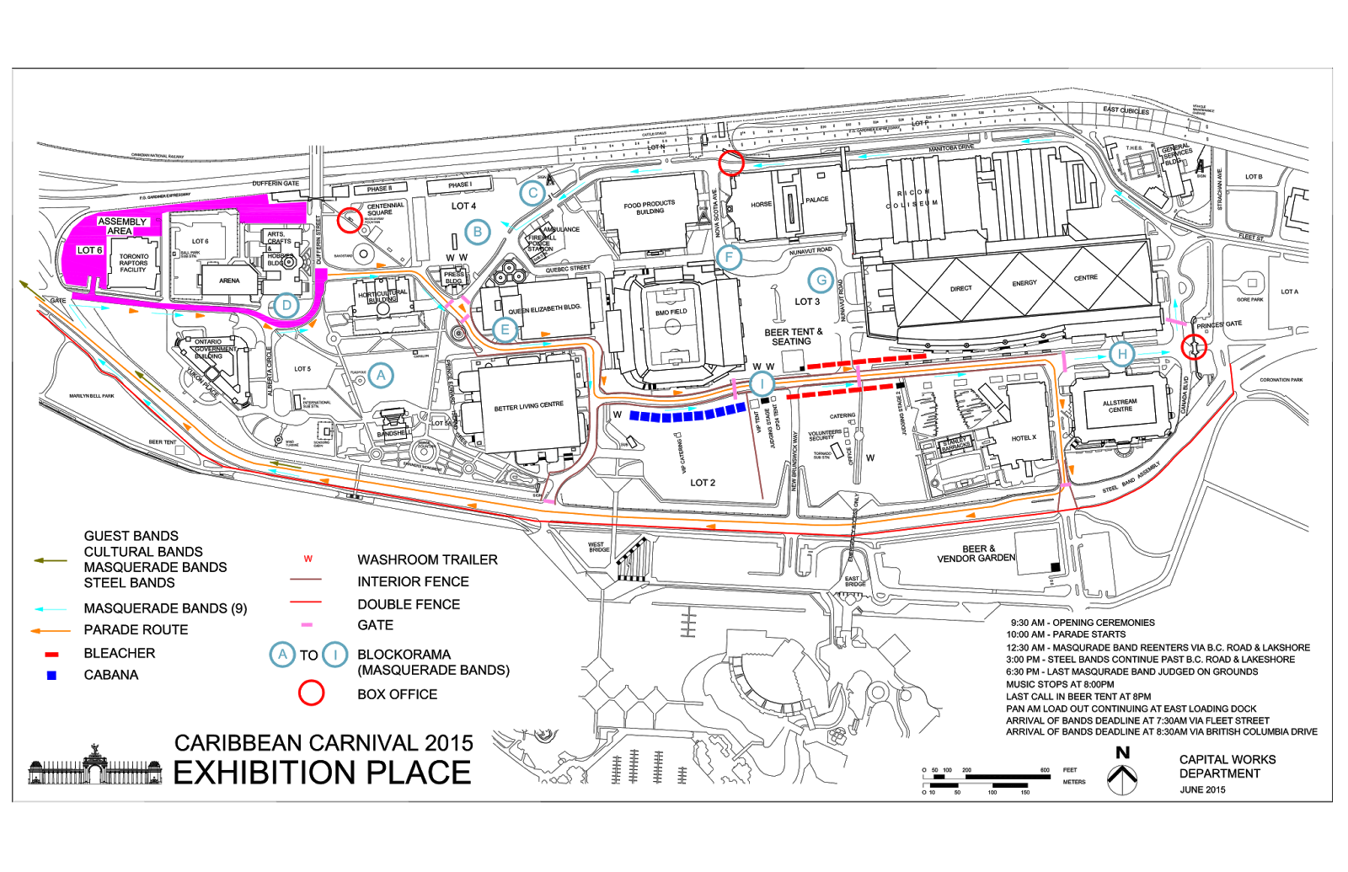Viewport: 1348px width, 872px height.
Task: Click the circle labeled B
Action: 478,232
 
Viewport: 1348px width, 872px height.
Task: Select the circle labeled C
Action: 532,193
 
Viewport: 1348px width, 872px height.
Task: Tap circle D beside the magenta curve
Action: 286,305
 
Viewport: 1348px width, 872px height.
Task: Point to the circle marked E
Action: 505,329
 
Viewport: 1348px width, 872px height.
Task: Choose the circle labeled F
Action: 730,257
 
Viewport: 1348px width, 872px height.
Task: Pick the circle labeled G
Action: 821,281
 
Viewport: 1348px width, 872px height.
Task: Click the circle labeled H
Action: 1122,354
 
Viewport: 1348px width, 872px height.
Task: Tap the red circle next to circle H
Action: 1194,346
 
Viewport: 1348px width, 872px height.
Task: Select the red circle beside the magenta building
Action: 350,221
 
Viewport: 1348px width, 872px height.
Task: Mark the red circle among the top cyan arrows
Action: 731,163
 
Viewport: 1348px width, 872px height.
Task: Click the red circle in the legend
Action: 311,693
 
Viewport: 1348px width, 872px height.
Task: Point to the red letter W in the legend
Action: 308,559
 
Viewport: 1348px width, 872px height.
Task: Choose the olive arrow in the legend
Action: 51,560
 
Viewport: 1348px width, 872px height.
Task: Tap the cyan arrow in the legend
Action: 51,609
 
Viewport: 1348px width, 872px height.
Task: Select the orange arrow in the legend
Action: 51,630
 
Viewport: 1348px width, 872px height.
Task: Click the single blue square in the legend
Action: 51,676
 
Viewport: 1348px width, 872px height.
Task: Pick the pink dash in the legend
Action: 307,624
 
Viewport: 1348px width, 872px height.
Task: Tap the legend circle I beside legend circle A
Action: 335,655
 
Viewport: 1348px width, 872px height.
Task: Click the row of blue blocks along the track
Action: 687,414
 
